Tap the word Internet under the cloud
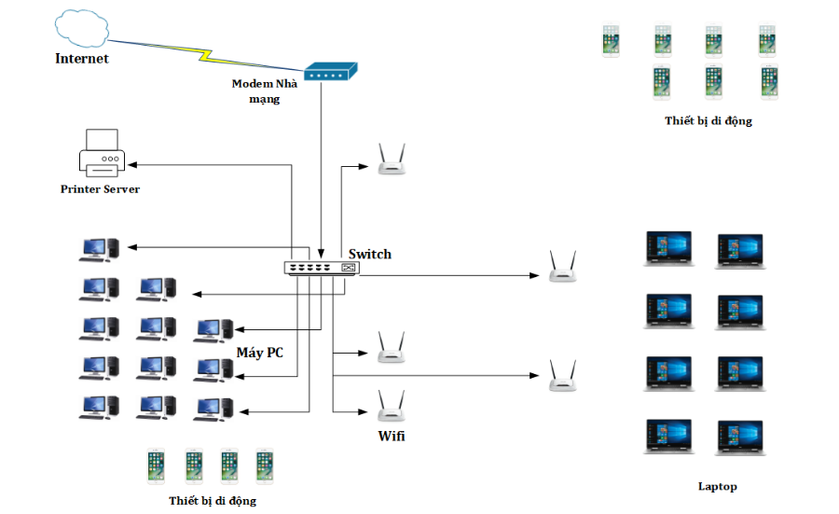tap(82, 59)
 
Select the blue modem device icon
tap(331, 72)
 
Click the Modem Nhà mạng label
tap(265, 91)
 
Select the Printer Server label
tap(100, 189)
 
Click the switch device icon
tap(322, 268)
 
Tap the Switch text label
tap(370, 254)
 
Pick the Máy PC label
tap(260, 352)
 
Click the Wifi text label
tap(392, 436)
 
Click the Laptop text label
tap(718, 486)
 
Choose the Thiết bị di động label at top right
tap(708, 121)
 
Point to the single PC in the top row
tap(99, 248)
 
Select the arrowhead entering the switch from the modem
tap(322, 254)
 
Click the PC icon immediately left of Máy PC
tap(213, 330)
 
